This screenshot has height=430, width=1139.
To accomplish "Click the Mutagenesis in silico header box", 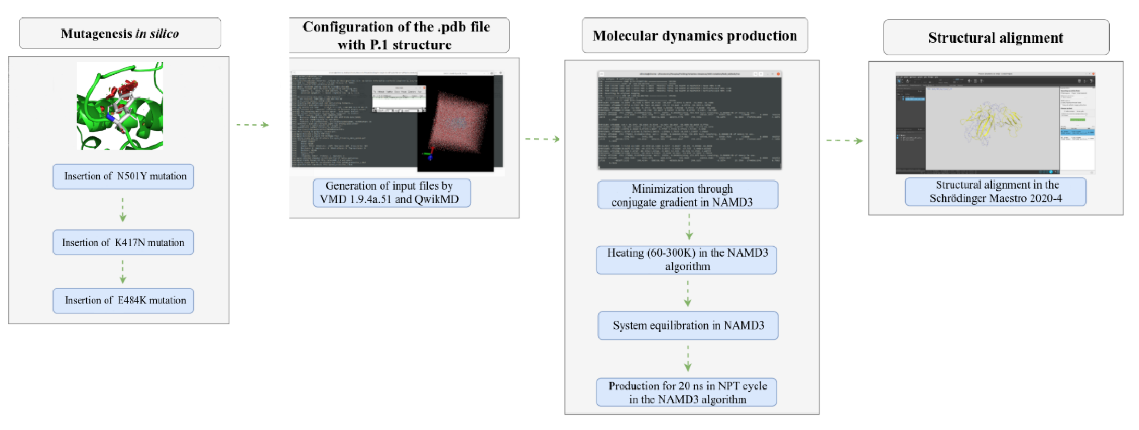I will point(120,34).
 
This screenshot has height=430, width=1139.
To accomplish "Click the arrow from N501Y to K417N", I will point(123,210).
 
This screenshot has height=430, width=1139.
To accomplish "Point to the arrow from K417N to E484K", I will point(123,272).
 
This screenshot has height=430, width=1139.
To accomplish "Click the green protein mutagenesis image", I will point(120,106).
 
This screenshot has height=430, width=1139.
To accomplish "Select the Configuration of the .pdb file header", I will point(396,35).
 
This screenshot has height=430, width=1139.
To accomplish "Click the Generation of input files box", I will point(391,193).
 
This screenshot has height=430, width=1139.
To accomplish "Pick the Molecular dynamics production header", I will point(694,36).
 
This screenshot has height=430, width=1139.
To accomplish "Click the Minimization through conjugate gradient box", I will point(688,195).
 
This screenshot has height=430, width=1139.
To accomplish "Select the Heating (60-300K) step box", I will point(687,260).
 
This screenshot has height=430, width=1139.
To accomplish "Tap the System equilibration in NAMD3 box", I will point(688,326).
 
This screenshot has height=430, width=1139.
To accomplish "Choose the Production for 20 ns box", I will point(687,392).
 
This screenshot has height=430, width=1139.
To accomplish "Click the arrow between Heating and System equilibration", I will point(688,294).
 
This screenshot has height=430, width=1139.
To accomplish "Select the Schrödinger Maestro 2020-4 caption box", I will point(995,191).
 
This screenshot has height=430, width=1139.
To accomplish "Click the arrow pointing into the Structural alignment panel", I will point(844,141).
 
